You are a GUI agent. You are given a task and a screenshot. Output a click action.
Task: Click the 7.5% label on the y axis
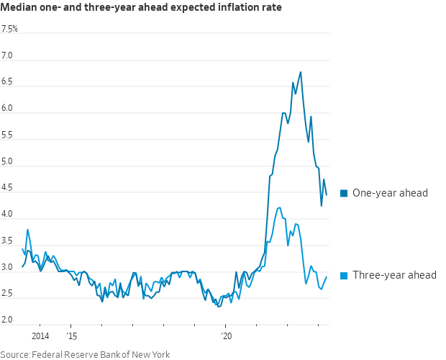point(10,30)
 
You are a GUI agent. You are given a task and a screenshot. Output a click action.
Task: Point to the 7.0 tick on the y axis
point(7,56)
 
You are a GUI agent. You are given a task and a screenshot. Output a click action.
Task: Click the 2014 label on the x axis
point(40,336)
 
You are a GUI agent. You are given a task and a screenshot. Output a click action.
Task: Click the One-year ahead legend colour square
point(344,193)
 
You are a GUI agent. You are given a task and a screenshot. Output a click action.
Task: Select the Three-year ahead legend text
point(394,275)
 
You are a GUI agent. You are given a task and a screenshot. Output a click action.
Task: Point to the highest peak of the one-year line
point(300,71)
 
